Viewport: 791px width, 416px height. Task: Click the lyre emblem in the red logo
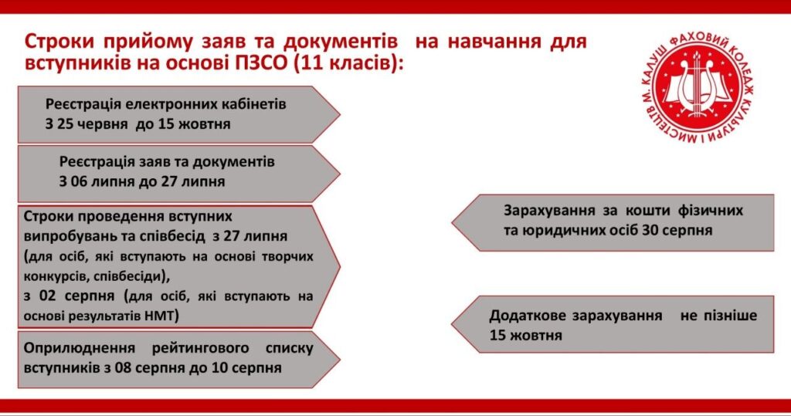698,86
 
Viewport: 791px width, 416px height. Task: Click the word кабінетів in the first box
253,104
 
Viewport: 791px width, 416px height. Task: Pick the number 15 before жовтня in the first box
166,124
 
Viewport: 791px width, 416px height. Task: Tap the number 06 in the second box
79,181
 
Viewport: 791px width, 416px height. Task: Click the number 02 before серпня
47,296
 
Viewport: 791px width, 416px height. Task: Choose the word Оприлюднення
80,348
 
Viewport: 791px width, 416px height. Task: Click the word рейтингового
200,348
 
